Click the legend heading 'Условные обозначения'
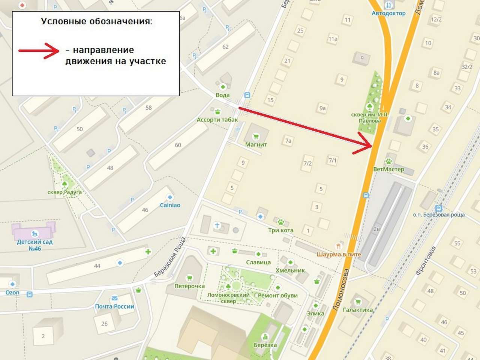coord(97,21)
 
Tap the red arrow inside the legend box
coord(39,51)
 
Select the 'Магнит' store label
coord(256,144)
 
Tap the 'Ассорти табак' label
coord(217,120)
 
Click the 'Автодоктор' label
coord(388,13)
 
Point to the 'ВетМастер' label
coord(388,169)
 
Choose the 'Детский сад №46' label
coord(34,245)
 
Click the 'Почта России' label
coord(114,306)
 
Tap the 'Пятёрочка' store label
coord(189,286)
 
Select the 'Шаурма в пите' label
coord(339,254)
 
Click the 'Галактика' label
coord(358,310)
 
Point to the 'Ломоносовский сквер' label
coord(228,298)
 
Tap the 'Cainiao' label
coord(170,205)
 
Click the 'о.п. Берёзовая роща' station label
coord(439,214)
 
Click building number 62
coord(225,47)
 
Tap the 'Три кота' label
coord(280,230)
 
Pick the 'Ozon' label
coord(12,292)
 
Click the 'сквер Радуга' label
coord(64,192)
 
